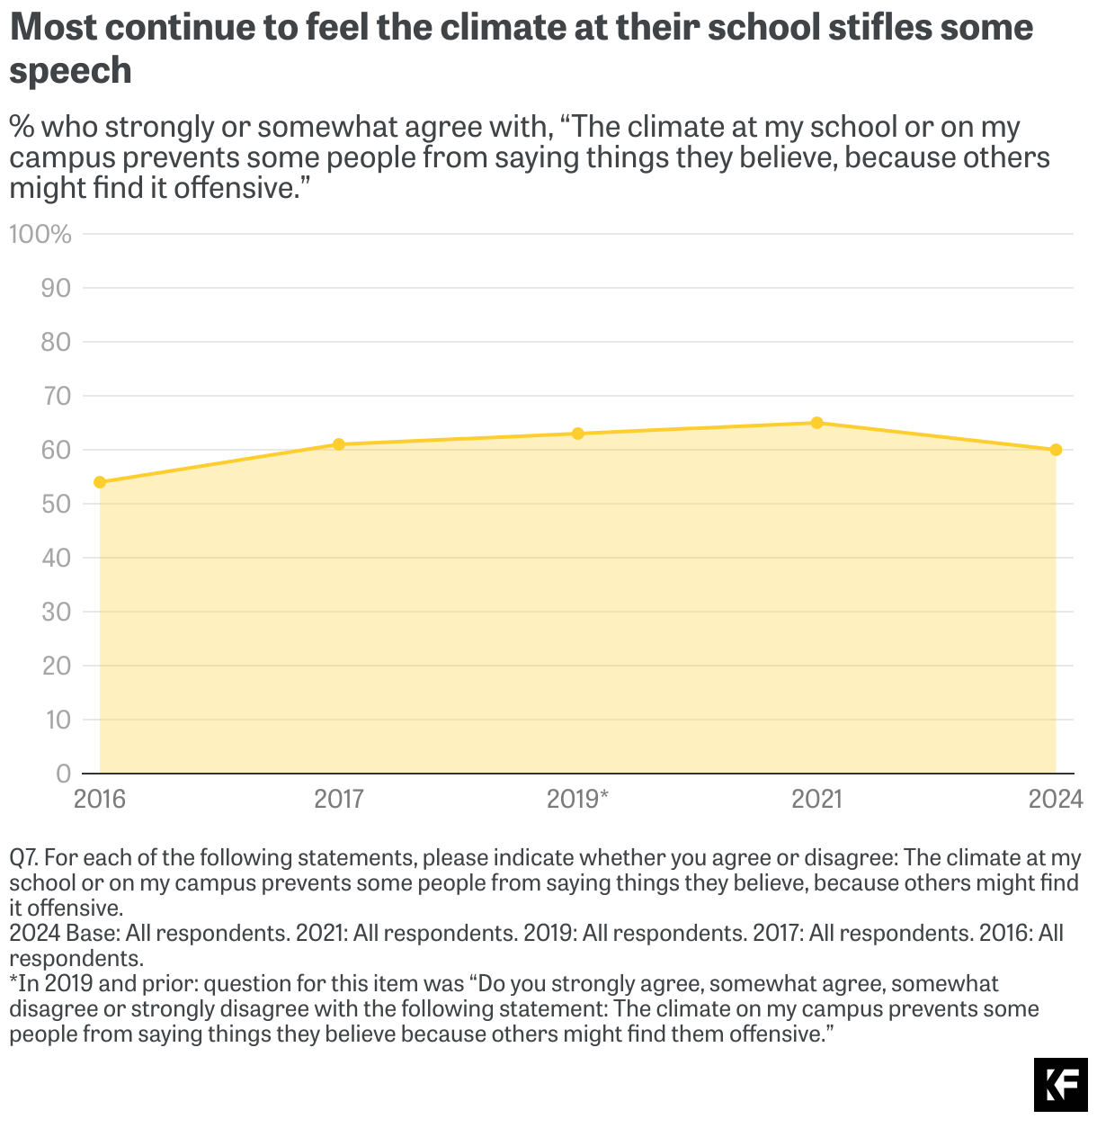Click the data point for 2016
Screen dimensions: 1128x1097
(x=100, y=482)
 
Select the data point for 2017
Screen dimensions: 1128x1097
(x=339, y=444)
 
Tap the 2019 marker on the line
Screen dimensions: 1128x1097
(x=578, y=434)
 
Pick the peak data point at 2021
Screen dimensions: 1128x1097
(x=816, y=423)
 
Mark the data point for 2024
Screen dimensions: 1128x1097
(x=1056, y=450)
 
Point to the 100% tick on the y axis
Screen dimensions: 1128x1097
(x=40, y=235)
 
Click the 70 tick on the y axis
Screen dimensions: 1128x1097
(x=56, y=396)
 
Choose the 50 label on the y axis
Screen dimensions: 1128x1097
(x=56, y=504)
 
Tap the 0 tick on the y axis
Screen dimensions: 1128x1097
(x=63, y=774)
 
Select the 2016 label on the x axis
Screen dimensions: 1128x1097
(x=100, y=799)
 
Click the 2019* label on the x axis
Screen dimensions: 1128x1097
(x=578, y=799)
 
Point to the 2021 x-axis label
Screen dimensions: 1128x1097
(x=816, y=799)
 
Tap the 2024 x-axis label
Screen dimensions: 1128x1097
(x=1056, y=799)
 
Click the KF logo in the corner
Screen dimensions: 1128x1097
(x=1060, y=1085)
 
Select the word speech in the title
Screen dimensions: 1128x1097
(x=70, y=71)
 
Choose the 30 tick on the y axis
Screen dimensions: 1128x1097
(x=56, y=612)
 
